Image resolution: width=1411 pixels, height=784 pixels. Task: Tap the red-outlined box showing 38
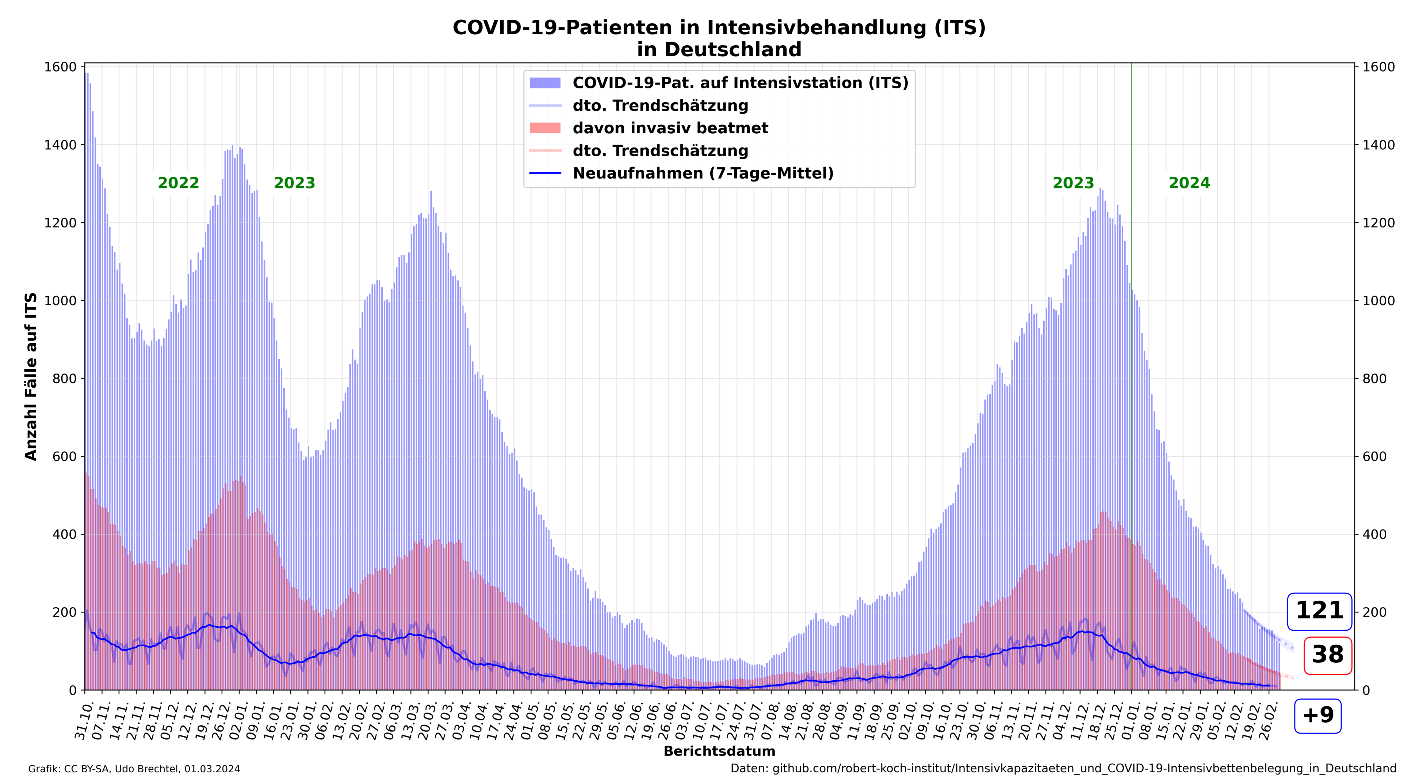(1328, 655)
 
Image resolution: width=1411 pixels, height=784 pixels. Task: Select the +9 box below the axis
(1318, 715)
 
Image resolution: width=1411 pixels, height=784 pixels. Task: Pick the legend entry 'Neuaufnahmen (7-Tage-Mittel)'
(703, 174)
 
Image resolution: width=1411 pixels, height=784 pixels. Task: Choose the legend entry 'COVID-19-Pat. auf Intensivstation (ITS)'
(740, 83)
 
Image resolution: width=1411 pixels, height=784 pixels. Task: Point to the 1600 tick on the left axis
(60, 67)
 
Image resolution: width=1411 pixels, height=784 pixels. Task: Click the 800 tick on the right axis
(1375, 379)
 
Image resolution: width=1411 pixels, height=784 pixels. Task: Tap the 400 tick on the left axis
(64, 534)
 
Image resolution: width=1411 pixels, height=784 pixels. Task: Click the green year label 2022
(178, 183)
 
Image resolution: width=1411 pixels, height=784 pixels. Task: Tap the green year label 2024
(1189, 183)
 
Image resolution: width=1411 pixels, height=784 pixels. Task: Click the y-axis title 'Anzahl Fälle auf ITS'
(31, 376)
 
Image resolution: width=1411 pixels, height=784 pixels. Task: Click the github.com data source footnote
(1063, 769)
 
